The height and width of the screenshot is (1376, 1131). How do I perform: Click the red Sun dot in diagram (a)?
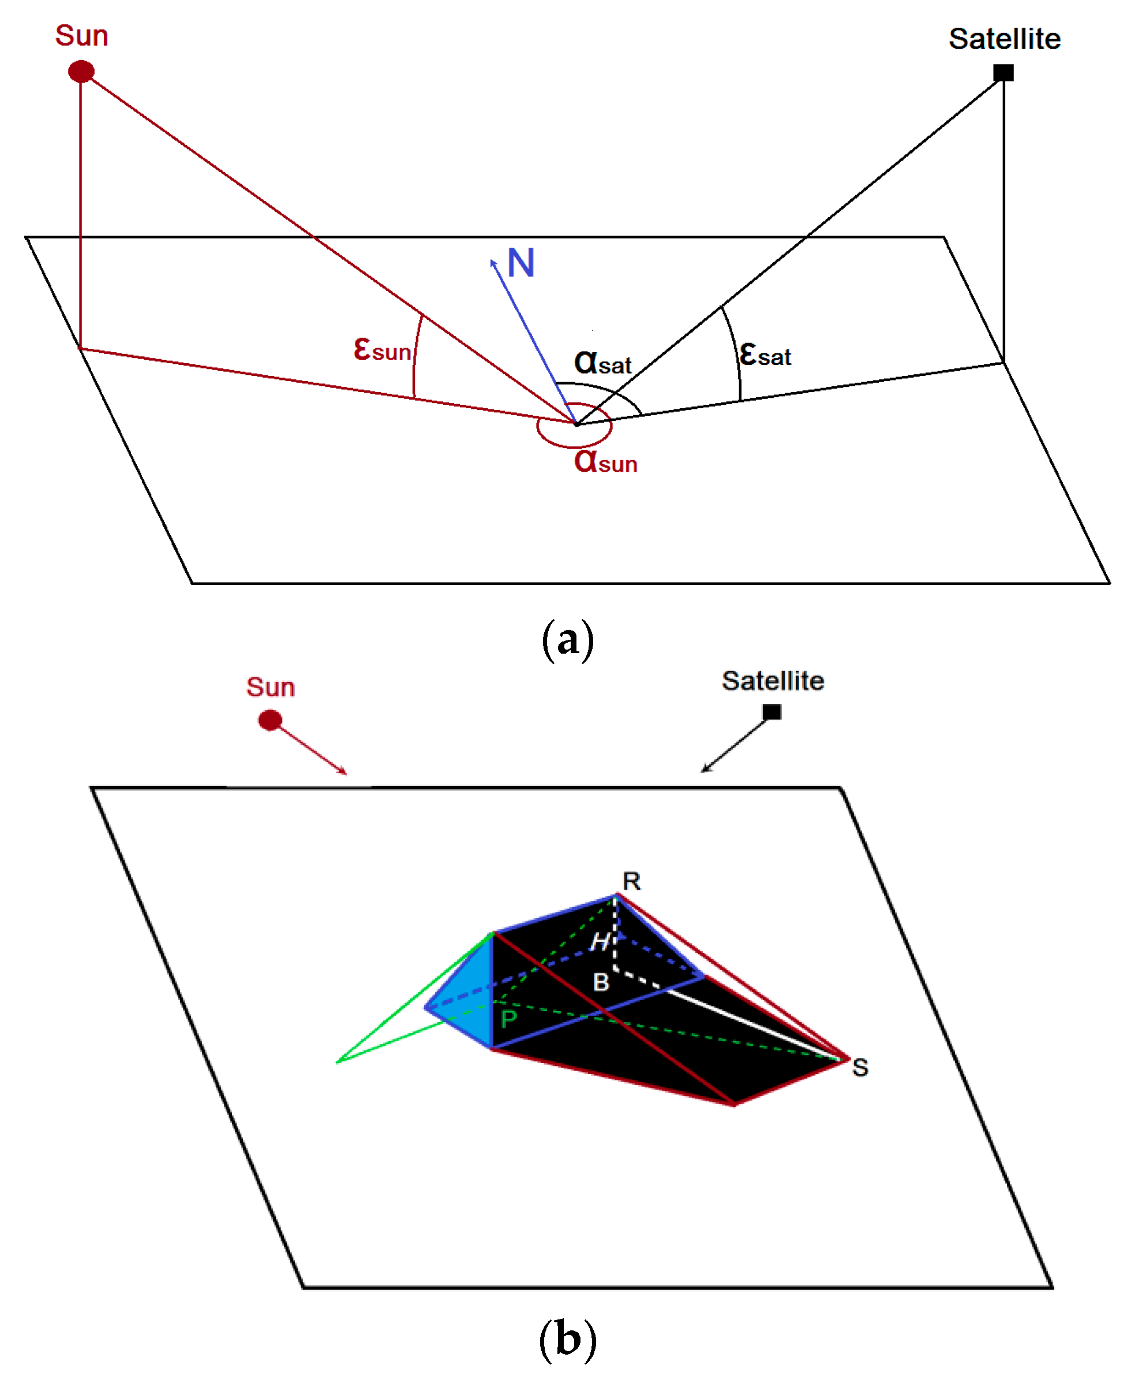click(x=81, y=71)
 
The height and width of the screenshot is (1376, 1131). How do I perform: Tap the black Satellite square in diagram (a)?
click(x=1003, y=72)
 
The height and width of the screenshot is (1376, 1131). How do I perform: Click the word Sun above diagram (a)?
click(x=81, y=35)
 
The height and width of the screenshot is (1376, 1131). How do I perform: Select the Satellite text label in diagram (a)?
click(x=1004, y=39)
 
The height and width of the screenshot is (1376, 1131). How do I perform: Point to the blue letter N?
click(x=520, y=263)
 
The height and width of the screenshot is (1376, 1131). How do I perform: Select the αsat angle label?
click(x=602, y=362)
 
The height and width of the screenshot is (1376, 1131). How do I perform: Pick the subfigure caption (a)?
click(x=567, y=639)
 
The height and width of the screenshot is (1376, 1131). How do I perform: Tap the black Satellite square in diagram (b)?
click(x=772, y=712)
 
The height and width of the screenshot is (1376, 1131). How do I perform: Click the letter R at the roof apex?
click(x=631, y=881)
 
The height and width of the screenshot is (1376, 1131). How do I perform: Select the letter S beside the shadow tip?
click(x=859, y=1068)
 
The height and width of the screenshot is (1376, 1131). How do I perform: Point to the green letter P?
click(x=509, y=1019)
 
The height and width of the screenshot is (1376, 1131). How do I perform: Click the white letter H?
click(x=600, y=941)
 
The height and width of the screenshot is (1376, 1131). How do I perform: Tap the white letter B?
click(x=601, y=982)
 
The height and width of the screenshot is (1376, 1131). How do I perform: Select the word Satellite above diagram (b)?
click(x=773, y=681)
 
